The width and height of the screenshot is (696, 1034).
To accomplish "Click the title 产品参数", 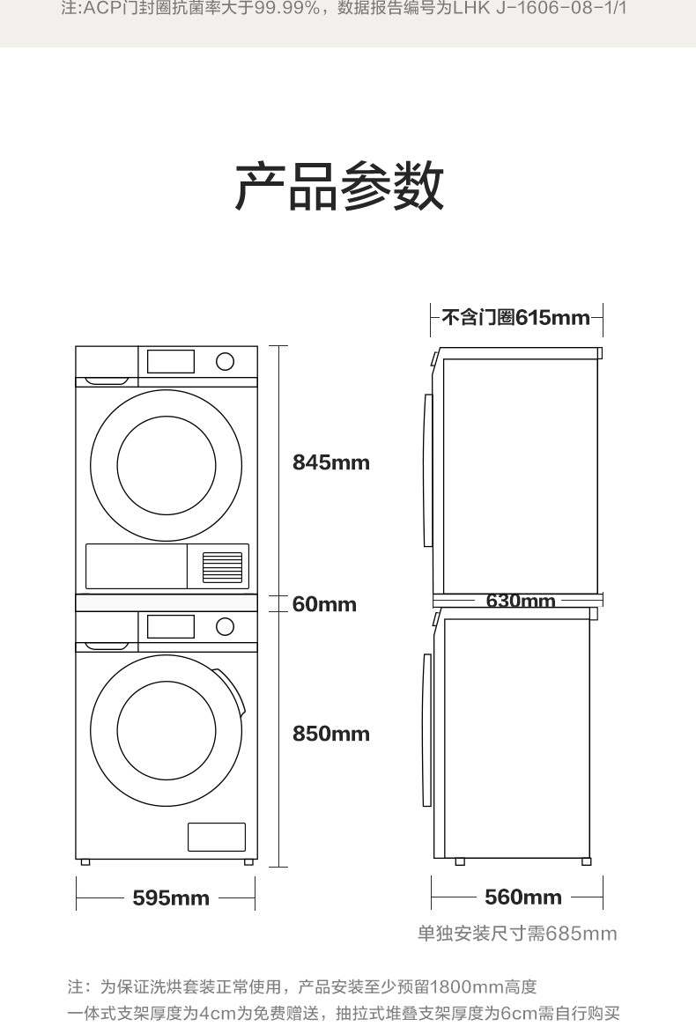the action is tap(339, 187).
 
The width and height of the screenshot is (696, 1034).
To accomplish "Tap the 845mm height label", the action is tap(331, 462).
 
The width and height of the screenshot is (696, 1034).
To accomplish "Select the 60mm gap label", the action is tap(324, 604).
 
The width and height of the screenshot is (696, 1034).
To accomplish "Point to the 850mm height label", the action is tap(331, 734).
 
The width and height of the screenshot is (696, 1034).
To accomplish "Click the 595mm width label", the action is tap(171, 898).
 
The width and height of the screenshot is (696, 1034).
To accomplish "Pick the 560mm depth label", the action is tap(523, 897).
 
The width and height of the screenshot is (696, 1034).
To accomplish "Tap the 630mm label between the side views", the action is tap(521, 601).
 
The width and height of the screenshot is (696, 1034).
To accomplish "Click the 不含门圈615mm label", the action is tap(515, 317).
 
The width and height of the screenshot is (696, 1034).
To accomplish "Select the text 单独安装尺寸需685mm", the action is tap(517, 934).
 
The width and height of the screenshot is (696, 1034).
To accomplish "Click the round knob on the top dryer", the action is tap(225, 361).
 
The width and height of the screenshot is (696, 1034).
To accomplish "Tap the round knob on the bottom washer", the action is tap(225, 626).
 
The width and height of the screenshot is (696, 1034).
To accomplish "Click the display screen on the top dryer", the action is tap(170, 361).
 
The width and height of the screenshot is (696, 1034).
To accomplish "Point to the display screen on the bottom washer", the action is tap(170, 626).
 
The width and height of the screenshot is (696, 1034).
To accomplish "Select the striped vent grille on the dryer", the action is tap(222, 567).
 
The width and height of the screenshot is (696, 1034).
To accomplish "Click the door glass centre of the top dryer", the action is tap(166, 465).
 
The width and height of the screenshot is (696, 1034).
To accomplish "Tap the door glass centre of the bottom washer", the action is tap(166, 731).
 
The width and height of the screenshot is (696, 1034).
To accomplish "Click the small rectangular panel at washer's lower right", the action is tap(217, 837).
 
